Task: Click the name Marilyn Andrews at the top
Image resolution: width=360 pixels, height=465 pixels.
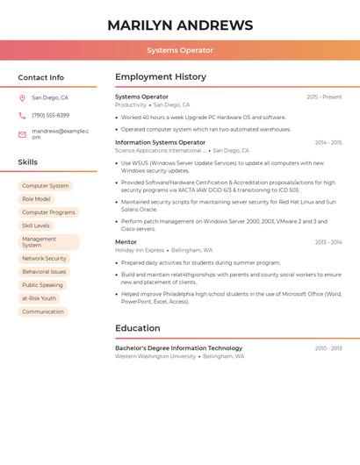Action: click(180, 25)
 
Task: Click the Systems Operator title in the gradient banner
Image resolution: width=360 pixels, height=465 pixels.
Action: click(180, 50)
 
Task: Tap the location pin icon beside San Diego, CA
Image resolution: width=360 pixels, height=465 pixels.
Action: click(22, 98)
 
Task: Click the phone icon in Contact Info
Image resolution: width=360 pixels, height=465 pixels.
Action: click(22, 116)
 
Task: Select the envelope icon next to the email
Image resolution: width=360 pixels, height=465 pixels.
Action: click(22, 134)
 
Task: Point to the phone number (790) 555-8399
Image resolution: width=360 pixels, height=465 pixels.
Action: click(50, 116)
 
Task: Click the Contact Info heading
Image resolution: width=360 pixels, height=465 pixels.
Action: click(40, 77)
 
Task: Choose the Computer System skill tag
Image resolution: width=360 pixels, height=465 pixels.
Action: click(45, 186)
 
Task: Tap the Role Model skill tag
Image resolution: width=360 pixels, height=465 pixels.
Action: click(36, 199)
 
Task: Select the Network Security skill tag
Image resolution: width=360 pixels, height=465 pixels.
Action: click(44, 259)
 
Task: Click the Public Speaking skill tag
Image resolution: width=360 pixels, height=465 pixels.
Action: click(42, 285)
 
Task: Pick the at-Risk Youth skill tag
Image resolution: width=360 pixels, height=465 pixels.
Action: click(39, 298)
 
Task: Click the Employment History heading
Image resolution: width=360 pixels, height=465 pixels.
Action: click(160, 77)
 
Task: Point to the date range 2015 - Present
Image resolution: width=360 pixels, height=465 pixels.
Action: click(324, 97)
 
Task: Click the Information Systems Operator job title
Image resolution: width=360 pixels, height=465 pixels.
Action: click(160, 142)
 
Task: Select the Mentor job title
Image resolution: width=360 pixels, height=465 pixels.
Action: click(126, 242)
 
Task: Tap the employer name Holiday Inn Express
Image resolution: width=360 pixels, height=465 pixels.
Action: click(140, 250)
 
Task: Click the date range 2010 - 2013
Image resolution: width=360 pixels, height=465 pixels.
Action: click(328, 348)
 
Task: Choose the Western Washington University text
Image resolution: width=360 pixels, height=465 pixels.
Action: click(155, 357)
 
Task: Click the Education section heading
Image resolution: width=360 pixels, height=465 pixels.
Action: click(138, 328)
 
